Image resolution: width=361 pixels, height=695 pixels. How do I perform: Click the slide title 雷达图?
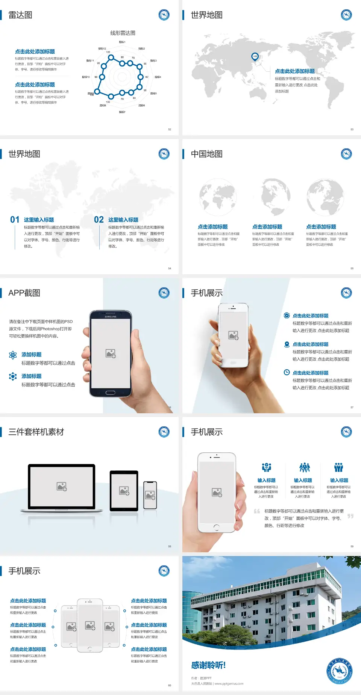tap(20, 15)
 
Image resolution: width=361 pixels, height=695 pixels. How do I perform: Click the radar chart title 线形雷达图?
tap(123, 33)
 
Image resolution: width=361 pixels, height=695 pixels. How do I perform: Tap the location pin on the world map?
tap(255, 56)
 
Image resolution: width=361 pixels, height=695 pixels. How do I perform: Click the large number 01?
tap(15, 220)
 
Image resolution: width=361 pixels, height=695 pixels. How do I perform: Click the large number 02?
tap(99, 220)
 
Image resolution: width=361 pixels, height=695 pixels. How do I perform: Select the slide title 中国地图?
tap(206, 154)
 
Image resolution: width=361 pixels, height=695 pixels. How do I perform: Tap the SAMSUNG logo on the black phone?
tap(111, 317)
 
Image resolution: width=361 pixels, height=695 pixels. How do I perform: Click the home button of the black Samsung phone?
tap(110, 393)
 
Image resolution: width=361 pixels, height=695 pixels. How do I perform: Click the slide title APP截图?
tap(24, 293)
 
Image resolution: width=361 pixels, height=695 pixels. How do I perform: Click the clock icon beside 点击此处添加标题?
tap(287, 372)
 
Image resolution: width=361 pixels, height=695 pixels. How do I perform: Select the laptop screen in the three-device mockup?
tap(62, 486)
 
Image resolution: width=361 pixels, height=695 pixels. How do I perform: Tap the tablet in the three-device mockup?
tap(124, 490)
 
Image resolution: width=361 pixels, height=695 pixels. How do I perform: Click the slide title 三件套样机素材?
tap(36, 432)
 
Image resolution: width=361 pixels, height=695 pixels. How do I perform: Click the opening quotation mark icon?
tap(257, 511)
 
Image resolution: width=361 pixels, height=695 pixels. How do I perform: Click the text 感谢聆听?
tap(208, 665)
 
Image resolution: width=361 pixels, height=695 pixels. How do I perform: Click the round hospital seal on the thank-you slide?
tap(340, 671)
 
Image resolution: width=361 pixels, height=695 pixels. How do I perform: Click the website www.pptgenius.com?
tap(229, 684)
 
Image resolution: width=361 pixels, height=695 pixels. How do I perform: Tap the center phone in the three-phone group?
tap(90, 625)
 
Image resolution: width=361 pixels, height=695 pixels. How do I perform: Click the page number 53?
tap(352, 129)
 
